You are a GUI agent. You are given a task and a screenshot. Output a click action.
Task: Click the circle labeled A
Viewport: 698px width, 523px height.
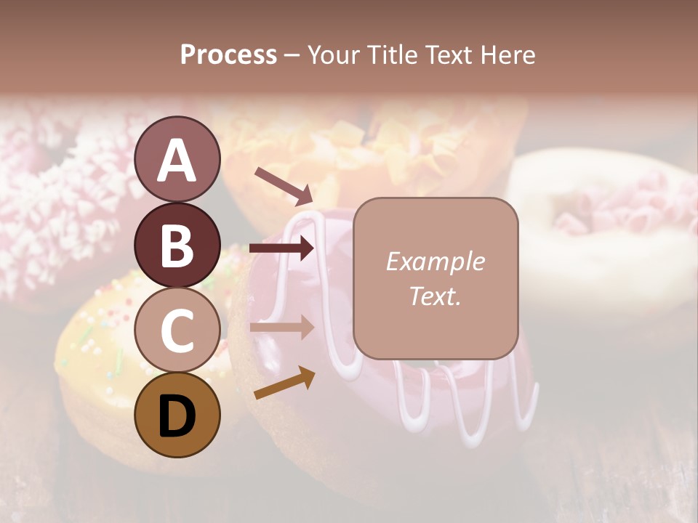coord(177,159)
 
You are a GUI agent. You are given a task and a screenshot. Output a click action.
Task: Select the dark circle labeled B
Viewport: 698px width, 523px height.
coord(177,245)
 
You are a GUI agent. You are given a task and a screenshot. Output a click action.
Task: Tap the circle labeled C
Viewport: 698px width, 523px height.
coord(177,330)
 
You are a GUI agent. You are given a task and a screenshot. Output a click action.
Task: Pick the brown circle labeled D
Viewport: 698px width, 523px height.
coord(177,415)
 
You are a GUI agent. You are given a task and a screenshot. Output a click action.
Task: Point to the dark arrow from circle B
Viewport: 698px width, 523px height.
coord(281,248)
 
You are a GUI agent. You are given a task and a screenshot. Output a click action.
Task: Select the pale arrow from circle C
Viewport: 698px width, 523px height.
coord(281,327)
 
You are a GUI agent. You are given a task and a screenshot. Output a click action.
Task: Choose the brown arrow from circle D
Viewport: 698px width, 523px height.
coord(284,383)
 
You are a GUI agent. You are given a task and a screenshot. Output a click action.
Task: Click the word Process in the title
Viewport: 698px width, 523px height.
coord(228,54)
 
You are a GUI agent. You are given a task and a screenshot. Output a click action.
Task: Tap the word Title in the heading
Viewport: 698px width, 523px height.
coord(390,54)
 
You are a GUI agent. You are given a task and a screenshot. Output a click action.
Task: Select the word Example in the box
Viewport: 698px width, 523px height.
coord(435,261)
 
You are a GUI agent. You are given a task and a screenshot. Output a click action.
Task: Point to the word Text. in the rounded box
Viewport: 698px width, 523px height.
coord(435,296)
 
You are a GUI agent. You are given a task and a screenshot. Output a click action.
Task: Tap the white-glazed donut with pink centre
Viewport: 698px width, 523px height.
coord(603,218)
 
